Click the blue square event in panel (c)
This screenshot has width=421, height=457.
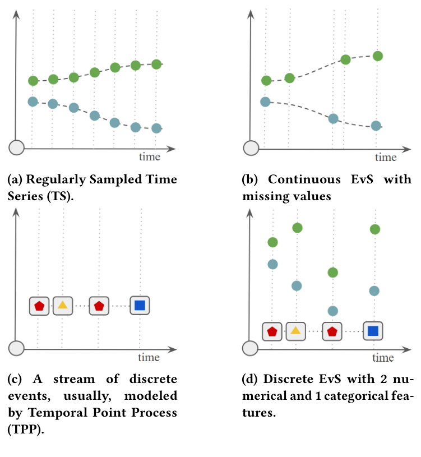coord(140,306)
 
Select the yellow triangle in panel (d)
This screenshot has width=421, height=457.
coord(295,331)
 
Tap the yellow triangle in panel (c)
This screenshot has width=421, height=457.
coord(63,306)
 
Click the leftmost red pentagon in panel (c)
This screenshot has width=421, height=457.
coord(39,306)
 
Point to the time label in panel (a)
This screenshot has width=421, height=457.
coord(150,157)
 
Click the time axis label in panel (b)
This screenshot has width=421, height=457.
coord(385,157)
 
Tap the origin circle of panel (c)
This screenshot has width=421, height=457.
coord(17,348)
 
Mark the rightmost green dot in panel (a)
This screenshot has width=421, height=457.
coord(156,64)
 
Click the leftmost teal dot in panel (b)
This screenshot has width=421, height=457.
coord(266,101)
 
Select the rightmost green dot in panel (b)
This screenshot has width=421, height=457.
coord(378,56)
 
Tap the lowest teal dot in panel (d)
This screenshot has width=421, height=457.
coord(332,311)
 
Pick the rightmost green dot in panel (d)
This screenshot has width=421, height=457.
coord(375,229)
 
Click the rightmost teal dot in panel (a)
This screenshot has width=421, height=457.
coord(156,128)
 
